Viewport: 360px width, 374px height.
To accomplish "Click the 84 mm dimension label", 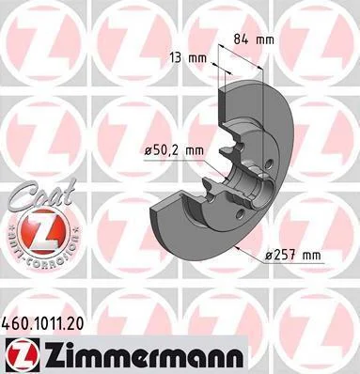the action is (x=254, y=39).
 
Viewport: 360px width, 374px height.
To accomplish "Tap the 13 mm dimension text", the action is (x=188, y=58).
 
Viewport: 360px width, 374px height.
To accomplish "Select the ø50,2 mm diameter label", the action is (x=174, y=151).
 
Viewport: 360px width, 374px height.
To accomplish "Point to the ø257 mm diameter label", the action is (x=293, y=256).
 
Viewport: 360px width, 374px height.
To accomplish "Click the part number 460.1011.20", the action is (x=43, y=324).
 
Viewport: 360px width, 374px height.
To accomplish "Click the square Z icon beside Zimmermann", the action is (x=21, y=355).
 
